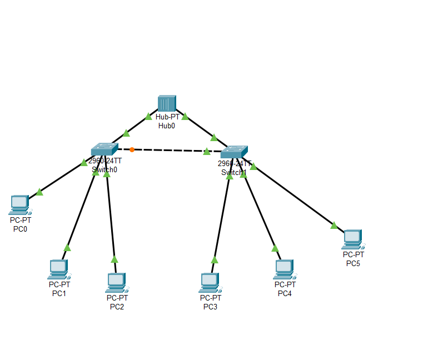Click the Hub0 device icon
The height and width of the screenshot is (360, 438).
[x=167, y=103]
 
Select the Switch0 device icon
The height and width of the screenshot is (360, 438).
[x=104, y=149]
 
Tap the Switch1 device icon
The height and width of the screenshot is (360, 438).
[x=233, y=152]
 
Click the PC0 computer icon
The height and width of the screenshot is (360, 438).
[x=19, y=204]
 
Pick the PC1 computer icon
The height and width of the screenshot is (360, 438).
[x=58, y=269]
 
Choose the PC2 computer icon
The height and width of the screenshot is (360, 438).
[x=116, y=282]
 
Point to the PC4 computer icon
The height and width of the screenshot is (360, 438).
[x=284, y=269]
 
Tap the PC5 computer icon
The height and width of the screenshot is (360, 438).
[x=352, y=239]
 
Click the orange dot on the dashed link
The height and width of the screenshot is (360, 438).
[x=132, y=149]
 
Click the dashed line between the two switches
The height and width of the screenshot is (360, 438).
[x=167, y=150]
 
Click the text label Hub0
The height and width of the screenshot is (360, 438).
[x=167, y=126]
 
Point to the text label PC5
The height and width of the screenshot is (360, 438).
[x=353, y=263]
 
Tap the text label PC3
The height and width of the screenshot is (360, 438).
[x=210, y=307]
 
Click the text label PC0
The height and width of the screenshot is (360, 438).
[x=20, y=228]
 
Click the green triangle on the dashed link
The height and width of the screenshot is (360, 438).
[x=207, y=151]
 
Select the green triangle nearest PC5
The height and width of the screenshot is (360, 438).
[x=334, y=225]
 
